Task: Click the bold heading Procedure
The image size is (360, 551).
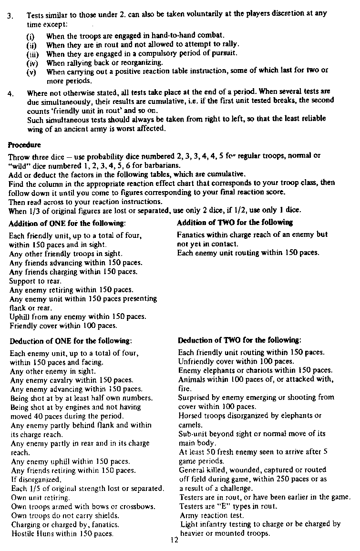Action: (x=24, y=145)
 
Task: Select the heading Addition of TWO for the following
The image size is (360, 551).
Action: (x=234, y=223)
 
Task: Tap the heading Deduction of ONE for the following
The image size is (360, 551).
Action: (x=71, y=341)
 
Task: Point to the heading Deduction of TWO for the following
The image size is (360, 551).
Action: (x=239, y=341)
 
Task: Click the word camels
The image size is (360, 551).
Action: (x=190, y=425)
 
